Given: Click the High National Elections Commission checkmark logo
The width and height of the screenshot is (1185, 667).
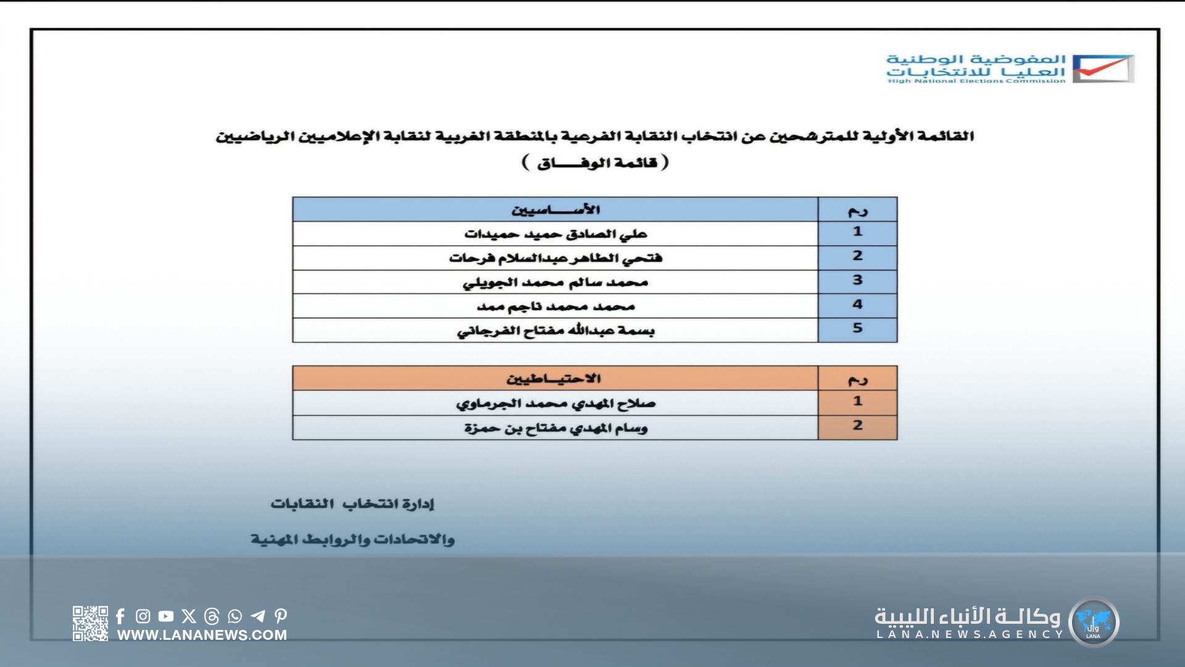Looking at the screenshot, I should coord(1103,69).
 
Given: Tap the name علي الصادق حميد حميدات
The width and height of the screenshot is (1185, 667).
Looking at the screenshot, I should coord(555,234).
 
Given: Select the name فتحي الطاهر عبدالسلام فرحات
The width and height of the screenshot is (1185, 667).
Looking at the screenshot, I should coord(555,258).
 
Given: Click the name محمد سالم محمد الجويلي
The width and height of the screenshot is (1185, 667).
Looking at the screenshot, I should coord(555,282).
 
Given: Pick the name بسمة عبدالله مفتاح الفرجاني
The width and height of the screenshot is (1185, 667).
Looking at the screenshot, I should coord(555,330).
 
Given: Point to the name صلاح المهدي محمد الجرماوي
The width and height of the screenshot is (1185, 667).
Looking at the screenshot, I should coord(555,403).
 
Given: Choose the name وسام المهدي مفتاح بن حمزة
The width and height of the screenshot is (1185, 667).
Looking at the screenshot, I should coord(555,427).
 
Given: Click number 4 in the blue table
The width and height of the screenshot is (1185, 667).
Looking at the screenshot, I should coord(857,304).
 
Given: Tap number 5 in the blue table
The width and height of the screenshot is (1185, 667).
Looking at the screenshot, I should coord(857,329).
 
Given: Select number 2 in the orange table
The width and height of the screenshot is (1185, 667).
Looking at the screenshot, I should coord(857,426).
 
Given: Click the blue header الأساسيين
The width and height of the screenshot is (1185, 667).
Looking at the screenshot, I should coord(555,210).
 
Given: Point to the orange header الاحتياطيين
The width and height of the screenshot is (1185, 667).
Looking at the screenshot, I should coord(554,379).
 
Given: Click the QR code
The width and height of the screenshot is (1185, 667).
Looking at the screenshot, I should coord(90,623).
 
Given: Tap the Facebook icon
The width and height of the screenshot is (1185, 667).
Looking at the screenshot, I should coord(120,616).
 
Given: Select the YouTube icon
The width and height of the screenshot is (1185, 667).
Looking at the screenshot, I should coord(166,616).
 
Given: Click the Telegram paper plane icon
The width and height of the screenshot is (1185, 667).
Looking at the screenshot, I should coord(258,616).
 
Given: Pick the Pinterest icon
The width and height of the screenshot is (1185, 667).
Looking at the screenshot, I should coord(281,616).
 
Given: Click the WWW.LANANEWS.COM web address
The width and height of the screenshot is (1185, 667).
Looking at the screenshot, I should coord(202,635).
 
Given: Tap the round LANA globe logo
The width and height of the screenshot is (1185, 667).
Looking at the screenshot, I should coord(1094,622).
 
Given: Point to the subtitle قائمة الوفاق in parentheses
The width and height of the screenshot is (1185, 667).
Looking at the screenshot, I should coord(596,163).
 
